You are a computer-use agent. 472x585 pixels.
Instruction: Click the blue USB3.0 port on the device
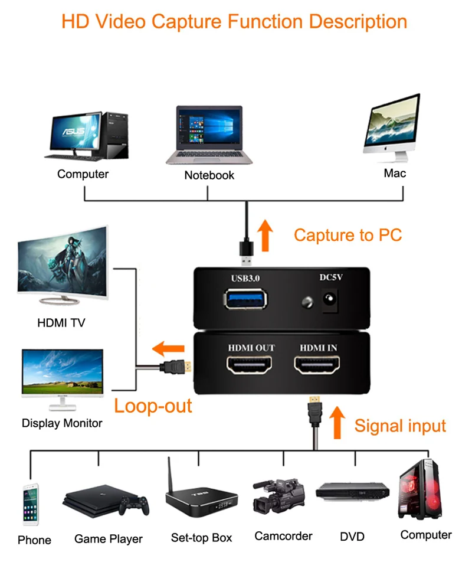[245, 299]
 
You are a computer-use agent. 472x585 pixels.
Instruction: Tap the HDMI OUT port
[249, 364]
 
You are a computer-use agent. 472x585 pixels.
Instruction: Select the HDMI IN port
[317, 364]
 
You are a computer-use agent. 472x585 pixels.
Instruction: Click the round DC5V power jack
[330, 299]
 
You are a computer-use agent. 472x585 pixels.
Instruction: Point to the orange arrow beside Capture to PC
[265, 235]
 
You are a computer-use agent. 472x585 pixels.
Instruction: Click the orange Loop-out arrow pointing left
[168, 349]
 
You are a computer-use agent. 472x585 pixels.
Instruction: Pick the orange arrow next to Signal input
[337, 422]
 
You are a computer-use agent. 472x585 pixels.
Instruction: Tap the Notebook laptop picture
[209, 135]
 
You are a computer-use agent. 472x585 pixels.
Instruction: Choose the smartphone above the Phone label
[31, 504]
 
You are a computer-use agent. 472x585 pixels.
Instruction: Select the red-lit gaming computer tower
[420, 489]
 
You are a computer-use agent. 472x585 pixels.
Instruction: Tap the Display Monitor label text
[62, 423]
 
